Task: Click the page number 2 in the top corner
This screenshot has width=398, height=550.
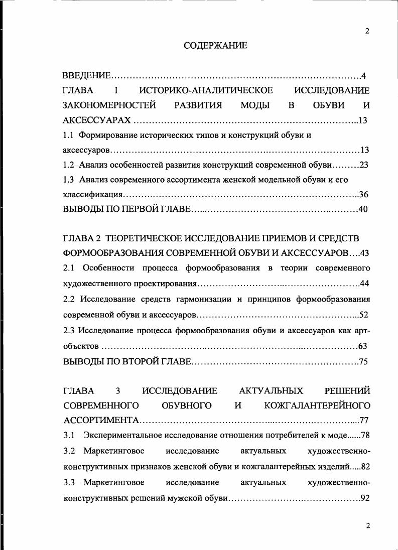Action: tap(367, 31)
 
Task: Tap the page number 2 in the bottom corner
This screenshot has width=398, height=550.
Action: tap(367, 525)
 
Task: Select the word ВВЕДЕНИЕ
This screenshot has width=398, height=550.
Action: tap(86, 76)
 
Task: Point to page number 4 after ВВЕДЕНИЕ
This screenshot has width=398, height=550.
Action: tap(363, 76)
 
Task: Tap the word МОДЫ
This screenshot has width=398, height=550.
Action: tap(255, 105)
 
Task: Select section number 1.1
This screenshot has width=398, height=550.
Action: tap(68, 135)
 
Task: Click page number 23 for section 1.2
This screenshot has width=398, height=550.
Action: tap(364, 165)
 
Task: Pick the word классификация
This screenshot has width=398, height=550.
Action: tap(93, 194)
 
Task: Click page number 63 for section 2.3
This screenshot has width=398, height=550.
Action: tap(364, 346)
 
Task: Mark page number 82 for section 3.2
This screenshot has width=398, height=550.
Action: tap(365, 467)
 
